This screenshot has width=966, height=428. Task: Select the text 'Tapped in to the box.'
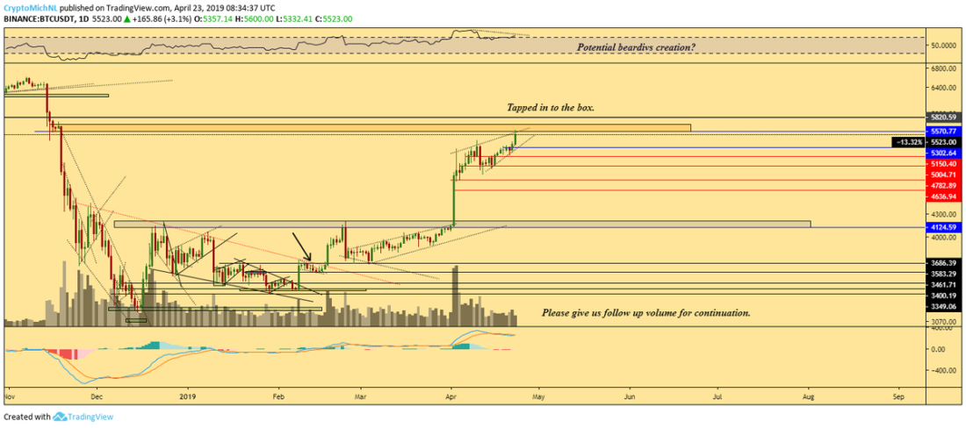[551, 107]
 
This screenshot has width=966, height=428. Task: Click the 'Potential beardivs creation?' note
[636, 46]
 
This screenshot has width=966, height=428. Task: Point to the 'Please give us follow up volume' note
[645, 312]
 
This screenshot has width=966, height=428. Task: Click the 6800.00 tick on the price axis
[943, 68]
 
